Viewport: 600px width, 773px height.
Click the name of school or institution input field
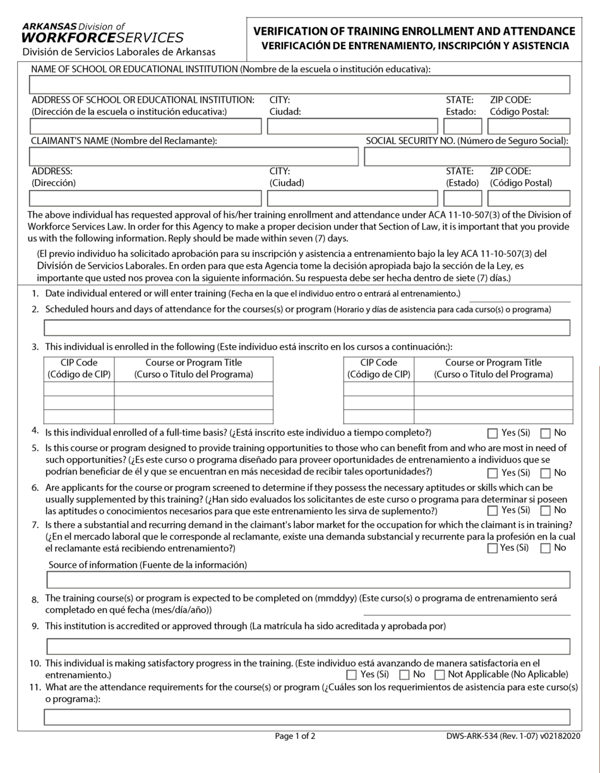[299, 85]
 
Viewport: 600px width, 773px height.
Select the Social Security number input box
[467, 156]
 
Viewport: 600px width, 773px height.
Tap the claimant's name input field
[193, 156]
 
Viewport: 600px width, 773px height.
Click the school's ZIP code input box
[529, 126]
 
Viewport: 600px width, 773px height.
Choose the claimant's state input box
[462, 198]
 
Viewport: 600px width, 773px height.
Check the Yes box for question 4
[493, 433]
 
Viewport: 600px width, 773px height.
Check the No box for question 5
[546, 473]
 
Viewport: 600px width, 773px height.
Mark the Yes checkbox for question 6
[493, 510]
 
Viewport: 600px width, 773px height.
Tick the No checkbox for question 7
[546, 548]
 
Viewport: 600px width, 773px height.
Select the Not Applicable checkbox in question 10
[440, 675]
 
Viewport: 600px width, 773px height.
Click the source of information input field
[308, 579]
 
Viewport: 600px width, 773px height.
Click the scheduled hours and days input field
[307, 327]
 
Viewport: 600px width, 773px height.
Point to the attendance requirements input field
[307, 717]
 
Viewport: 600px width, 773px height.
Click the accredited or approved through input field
[308, 646]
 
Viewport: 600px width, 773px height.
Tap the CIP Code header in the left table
[79, 369]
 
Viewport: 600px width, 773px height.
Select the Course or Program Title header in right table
[493, 369]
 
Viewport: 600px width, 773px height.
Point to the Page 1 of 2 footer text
[295, 736]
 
